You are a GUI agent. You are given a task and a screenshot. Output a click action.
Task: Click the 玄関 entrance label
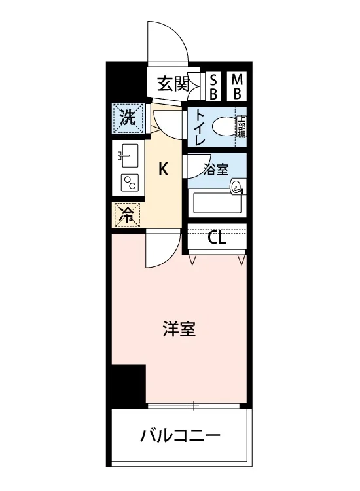(173, 84)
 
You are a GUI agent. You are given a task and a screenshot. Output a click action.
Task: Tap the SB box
(213, 86)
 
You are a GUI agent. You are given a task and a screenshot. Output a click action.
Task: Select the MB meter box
(237, 86)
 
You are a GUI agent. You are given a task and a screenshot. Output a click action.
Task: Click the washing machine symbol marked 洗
(129, 118)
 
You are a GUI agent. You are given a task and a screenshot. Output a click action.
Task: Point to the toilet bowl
(224, 126)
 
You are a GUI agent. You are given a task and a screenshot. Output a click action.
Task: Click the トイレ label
(200, 128)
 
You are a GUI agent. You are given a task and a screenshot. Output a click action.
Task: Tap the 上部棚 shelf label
(242, 126)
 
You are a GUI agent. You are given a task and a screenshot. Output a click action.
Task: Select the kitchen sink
(128, 156)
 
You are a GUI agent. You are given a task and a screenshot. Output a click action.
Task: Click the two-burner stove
(129, 182)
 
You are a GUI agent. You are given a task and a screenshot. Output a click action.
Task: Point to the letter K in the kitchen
(163, 170)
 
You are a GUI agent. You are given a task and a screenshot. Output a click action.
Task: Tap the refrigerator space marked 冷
(127, 215)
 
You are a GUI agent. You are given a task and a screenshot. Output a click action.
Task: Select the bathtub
(217, 202)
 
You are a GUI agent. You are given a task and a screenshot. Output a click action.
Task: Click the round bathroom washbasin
(236, 187)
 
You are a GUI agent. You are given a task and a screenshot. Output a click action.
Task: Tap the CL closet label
(217, 239)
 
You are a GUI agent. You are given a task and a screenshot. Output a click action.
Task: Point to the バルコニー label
(180, 435)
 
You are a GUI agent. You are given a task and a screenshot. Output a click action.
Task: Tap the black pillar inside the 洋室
(129, 386)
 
